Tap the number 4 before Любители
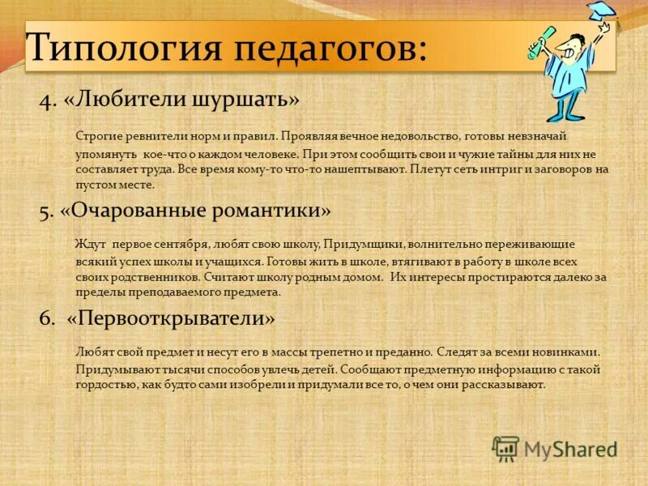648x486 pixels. (x=45, y=100)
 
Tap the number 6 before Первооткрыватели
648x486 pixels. (x=45, y=318)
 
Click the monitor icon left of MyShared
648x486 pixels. (x=505, y=448)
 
